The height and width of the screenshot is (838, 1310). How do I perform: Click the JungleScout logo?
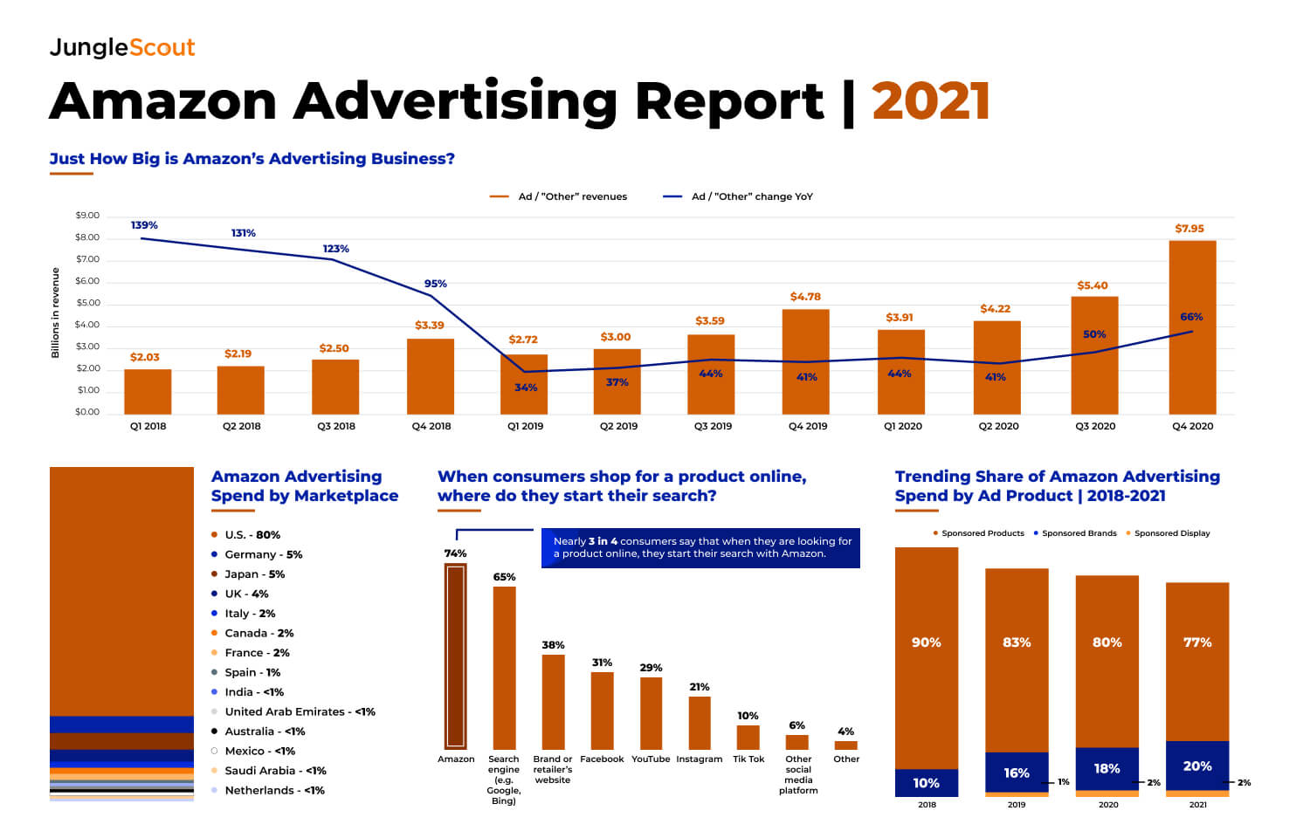pyautogui.click(x=122, y=47)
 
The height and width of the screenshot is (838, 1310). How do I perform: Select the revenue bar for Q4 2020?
pyautogui.click(x=1192, y=327)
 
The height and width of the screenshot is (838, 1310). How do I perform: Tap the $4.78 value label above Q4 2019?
pyautogui.click(x=805, y=297)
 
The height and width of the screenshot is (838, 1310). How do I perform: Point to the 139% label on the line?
pyautogui.click(x=144, y=225)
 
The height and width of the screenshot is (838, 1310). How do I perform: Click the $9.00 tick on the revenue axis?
pyautogui.click(x=87, y=216)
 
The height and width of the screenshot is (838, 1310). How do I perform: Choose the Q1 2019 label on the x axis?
pyautogui.click(x=525, y=426)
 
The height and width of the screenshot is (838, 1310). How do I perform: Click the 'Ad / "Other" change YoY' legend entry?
pyautogui.click(x=739, y=196)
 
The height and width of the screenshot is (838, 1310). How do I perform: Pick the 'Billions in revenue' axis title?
pyautogui.click(x=55, y=313)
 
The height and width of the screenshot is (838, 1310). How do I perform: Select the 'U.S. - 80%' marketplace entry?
pyautogui.click(x=252, y=534)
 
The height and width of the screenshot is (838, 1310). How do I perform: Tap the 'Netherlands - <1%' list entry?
pyautogui.click(x=273, y=790)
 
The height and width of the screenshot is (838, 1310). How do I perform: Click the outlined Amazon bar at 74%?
pyautogui.click(x=456, y=656)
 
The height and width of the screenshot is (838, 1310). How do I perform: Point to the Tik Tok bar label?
pyautogui.click(x=748, y=759)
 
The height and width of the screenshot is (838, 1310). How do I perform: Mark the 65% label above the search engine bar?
pyautogui.click(x=504, y=577)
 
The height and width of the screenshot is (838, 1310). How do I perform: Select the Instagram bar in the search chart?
pyautogui.click(x=700, y=723)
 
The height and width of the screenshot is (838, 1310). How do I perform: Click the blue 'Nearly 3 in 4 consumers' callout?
pyautogui.click(x=701, y=547)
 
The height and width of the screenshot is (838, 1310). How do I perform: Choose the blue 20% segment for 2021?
pyautogui.click(x=1197, y=766)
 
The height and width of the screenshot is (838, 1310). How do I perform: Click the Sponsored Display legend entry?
pyautogui.click(x=1170, y=533)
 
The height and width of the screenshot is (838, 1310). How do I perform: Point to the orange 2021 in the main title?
pyautogui.click(x=931, y=101)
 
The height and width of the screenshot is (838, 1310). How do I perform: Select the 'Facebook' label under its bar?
pyautogui.click(x=602, y=759)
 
